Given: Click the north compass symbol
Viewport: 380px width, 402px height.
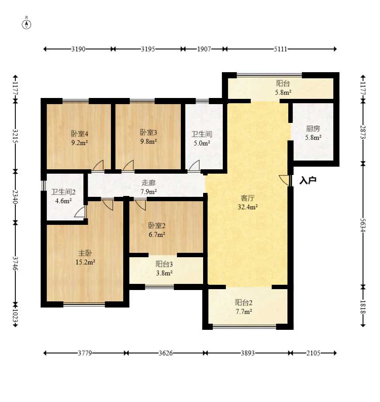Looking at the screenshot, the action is tap(26, 24).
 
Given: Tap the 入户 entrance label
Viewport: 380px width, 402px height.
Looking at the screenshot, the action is tap(308, 181).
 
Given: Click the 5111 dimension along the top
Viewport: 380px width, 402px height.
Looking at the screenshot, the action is tap(281, 49).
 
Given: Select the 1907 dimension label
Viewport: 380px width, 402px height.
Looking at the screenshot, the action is tap(204, 49).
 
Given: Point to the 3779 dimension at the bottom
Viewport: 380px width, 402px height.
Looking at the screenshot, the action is tap(85, 353).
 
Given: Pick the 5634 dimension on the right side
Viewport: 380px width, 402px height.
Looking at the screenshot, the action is tap(363, 225).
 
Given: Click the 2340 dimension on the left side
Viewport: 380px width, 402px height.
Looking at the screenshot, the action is tap(15, 197).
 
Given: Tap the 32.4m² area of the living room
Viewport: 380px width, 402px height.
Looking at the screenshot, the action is tap(248, 207).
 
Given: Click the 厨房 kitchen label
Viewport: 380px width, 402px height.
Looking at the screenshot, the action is tap(313, 129).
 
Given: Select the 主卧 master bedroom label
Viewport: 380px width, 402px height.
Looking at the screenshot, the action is tap(85, 253).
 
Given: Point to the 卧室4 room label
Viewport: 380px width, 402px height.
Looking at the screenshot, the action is tap(79, 133).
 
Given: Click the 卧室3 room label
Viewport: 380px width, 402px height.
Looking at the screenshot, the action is tap(149, 132).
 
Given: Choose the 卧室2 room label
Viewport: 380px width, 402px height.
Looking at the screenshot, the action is tap(157, 226).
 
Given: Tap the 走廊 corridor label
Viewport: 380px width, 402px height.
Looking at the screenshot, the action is tap(149, 183).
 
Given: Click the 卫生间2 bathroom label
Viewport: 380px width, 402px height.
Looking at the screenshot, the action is tap(63, 192).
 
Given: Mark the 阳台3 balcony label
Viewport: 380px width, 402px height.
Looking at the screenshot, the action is tap(164, 264).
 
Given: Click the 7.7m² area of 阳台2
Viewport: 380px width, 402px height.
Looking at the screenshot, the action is tap(244, 311).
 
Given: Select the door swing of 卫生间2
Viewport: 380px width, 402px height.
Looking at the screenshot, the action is tap(80, 212).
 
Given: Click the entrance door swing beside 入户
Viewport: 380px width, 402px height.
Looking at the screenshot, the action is tap(285, 180).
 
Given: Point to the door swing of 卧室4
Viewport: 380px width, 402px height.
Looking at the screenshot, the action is tap(98, 165).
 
